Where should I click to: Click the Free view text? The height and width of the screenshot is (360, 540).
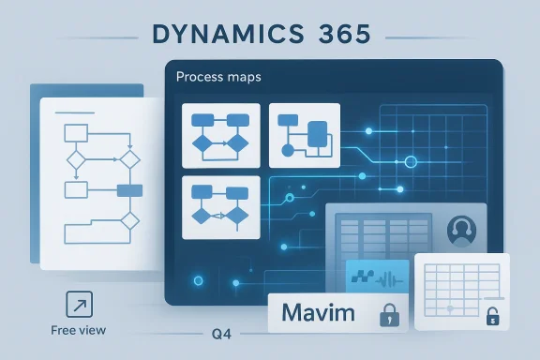pos(79,330)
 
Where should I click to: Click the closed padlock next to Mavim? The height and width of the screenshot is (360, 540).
pos(386,314)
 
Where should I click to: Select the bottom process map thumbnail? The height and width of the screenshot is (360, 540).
pos(219,204)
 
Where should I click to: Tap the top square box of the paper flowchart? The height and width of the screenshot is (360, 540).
pos(75,130)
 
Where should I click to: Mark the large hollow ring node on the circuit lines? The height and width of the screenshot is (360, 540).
pos(408,163)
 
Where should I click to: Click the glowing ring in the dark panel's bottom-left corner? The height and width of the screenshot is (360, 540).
pos(195,279)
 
